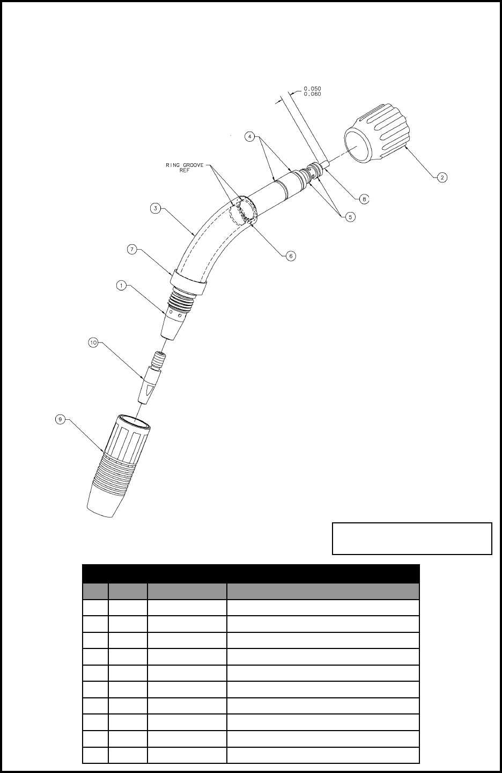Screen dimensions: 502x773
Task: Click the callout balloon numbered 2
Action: pyautogui.click(x=442, y=177)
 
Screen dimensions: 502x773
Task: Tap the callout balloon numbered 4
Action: pyautogui.click(x=250, y=137)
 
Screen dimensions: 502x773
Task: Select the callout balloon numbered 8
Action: pyautogui.click(x=364, y=199)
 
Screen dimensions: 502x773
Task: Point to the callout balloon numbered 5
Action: pyautogui.click(x=350, y=217)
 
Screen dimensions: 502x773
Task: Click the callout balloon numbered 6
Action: pyautogui.click(x=291, y=256)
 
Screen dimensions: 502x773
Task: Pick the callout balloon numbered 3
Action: pyautogui.click(x=156, y=208)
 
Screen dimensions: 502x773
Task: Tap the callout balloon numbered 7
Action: pyautogui.click(x=132, y=249)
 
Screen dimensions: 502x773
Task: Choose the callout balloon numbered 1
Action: pyautogui.click(x=121, y=286)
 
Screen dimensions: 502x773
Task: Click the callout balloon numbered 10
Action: pyautogui.click(x=93, y=342)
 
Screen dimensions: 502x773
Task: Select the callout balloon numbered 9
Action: pyautogui.click(x=60, y=419)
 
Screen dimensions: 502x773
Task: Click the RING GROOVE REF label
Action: pyautogui.click(x=185, y=167)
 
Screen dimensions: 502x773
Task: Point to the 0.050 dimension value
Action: pyautogui.click(x=312, y=89)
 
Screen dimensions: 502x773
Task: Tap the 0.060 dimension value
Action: pyautogui.click(x=312, y=94)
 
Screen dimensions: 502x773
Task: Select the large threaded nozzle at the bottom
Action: pyautogui.click(x=117, y=466)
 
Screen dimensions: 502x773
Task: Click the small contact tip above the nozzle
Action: pyautogui.click(x=152, y=377)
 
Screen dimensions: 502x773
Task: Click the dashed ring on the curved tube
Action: pyautogui.click(x=243, y=210)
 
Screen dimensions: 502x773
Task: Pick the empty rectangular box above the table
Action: pyautogui.click(x=412, y=538)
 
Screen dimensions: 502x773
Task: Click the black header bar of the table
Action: pyautogui.click(x=250, y=573)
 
